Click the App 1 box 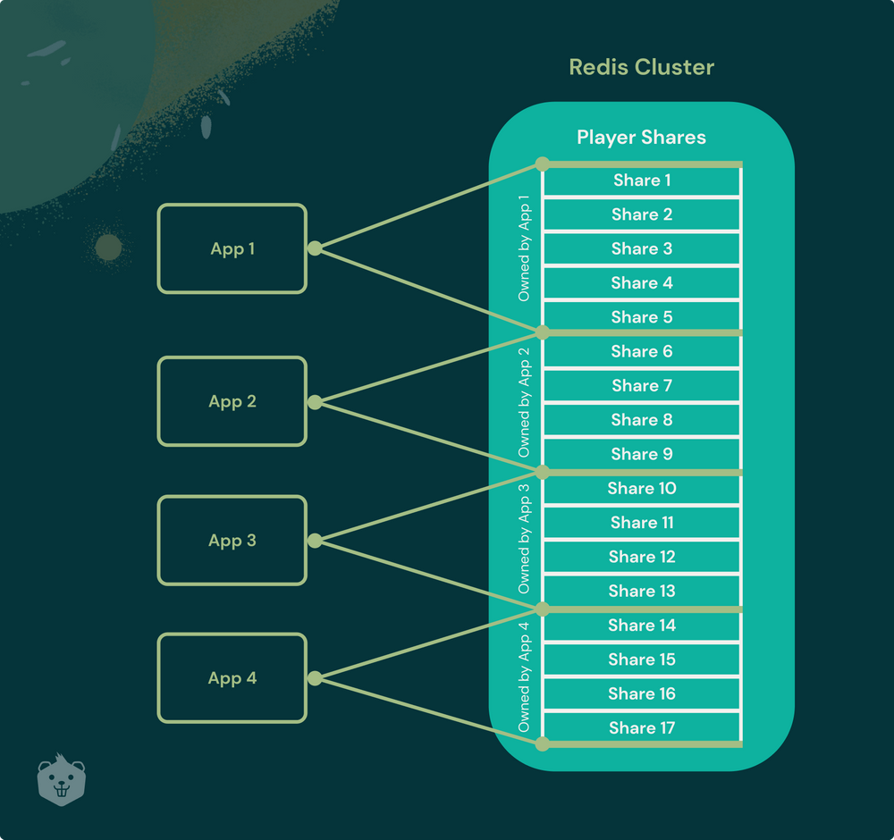(232, 248)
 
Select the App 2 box (232, 401)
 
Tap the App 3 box (232, 541)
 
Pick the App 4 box (232, 678)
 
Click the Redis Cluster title (641, 67)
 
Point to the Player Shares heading (641, 137)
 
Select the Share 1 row (642, 181)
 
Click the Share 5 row (642, 317)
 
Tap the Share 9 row (642, 454)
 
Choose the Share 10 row (642, 489)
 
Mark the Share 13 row (642, 591)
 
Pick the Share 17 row (642, 728)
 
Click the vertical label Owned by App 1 (525, 248)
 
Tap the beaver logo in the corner (62, 779)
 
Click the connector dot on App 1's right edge (314, 248)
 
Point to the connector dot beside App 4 (314, 679)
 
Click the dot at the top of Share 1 (542, 164)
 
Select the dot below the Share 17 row (542, 743)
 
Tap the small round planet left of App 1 (108, 248)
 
